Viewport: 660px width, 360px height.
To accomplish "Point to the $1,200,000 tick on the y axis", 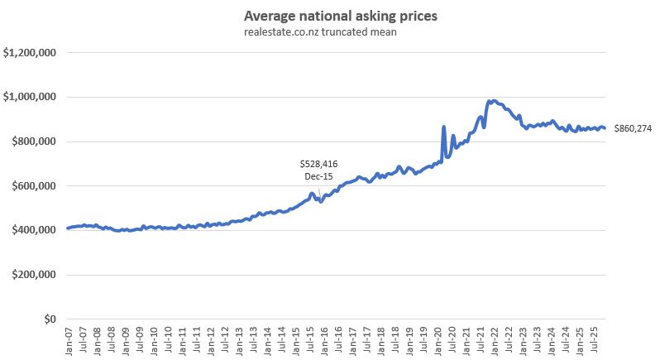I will [30, 53].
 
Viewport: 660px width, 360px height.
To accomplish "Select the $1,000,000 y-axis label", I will [30, 97].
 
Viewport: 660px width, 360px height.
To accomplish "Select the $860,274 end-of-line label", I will [632, 128].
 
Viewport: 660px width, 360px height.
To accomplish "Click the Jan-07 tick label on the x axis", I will [69, 340].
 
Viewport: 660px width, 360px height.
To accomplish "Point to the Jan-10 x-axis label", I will [154, 340].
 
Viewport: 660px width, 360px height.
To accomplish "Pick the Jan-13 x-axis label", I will [239, 340].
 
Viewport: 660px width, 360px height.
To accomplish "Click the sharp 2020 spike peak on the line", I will [444, 127].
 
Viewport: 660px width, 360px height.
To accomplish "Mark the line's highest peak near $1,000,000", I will [494, 101].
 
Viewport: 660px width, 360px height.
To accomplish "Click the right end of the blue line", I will [605, 128].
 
